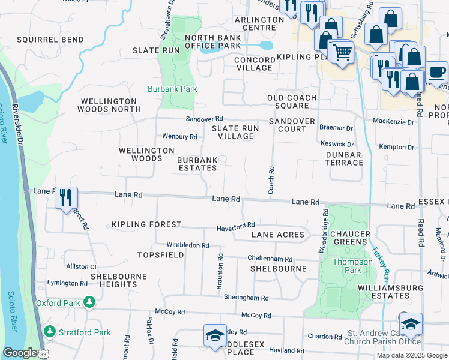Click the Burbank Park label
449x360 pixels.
173,89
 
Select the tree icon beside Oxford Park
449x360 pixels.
89,302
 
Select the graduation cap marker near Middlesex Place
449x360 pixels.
214,337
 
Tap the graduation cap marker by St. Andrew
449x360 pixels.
411,324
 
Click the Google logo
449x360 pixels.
20,353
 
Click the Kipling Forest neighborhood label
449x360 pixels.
146,224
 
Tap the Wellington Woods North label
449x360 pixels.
109,106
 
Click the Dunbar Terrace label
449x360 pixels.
344,158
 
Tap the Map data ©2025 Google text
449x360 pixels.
412,355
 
